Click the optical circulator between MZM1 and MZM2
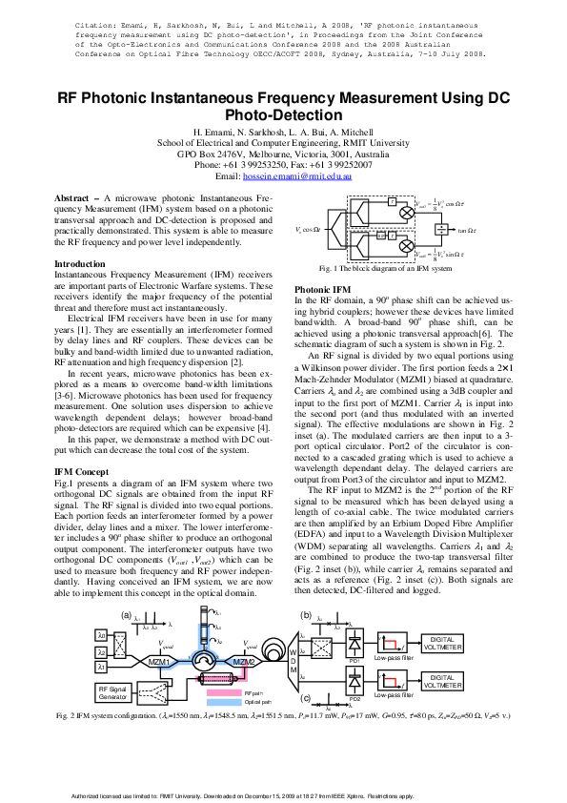click(201, 660)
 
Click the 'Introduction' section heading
click(80, 263)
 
